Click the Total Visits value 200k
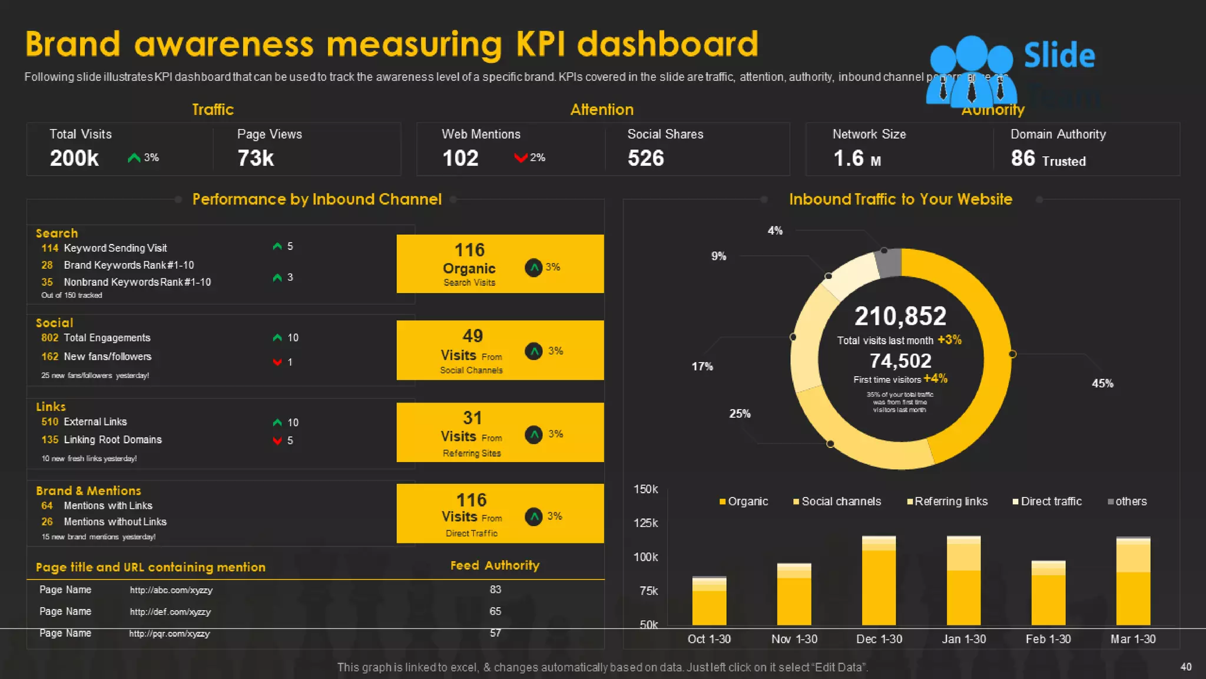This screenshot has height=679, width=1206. pos(74,158)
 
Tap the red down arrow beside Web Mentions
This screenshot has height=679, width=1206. pos(520,157)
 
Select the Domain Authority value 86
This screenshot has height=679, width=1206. pos(1023,158)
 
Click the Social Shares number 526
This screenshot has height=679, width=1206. pos(645,158)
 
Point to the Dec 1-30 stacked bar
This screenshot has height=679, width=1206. pos(879,581)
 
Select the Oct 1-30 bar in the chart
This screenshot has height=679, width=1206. pos(709,601)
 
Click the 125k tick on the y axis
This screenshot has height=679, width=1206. pos(645,523)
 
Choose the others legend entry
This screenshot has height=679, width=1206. pos(1127,502)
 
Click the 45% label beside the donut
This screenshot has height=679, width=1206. pos(1102,383)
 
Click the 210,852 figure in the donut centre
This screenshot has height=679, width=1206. pos(900,316)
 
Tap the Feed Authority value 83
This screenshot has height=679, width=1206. pos(495,589)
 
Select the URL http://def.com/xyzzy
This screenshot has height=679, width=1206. pos(170,612)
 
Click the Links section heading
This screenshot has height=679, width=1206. pos(51,407)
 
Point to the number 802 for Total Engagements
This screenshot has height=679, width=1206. pos(49,338)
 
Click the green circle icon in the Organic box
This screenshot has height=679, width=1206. pos(534,268)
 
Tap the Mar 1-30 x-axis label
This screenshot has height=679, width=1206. pos(1133,639)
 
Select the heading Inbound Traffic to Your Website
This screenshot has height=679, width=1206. pos(900,199)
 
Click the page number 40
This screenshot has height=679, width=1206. pos(1186,667)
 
